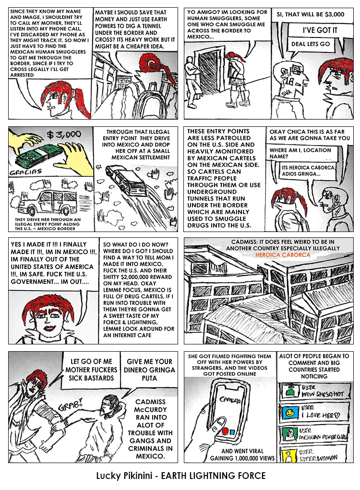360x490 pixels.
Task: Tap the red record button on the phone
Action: (x=225, y=431)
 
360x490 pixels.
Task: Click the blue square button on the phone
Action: (x=232, y=432)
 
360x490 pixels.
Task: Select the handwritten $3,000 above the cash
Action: (x=64, y=135)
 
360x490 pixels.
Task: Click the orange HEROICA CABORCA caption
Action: (x=283, y=255)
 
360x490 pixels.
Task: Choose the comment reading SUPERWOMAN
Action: (x=318, y=458)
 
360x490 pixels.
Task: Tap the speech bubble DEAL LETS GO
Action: (x=311, y=44)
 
